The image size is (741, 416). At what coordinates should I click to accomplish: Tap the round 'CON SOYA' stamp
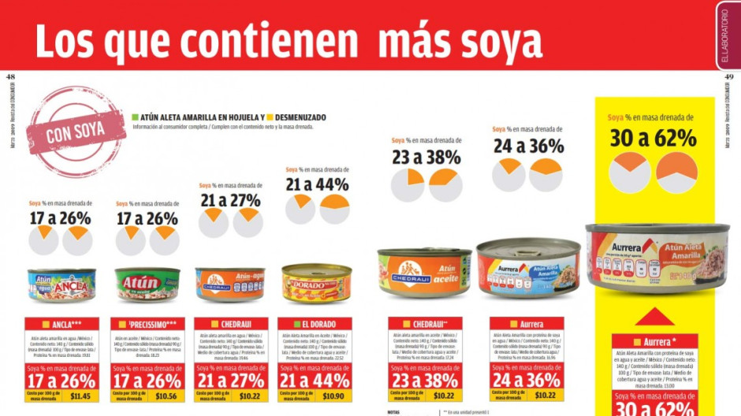click(x=76, y=132)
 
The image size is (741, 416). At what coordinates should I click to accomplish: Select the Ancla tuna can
click(x=61, y=284)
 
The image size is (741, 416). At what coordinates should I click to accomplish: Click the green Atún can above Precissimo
click(x=147, y=284)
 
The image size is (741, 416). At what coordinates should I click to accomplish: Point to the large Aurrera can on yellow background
click(x=657, y=258)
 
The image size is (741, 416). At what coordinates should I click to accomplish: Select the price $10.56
click(x=166, y=396)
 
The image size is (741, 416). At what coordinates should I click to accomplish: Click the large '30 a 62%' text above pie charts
click(x=653, y=138)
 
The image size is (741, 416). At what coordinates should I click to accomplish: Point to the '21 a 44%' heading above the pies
click(x=317, y=184)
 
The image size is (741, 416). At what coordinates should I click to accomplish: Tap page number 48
click(x=10, y=76)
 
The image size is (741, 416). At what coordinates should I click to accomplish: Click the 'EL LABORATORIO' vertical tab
click(x=728, y=35)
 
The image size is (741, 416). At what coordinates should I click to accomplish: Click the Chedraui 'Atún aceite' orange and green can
click(x=424, y=272)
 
